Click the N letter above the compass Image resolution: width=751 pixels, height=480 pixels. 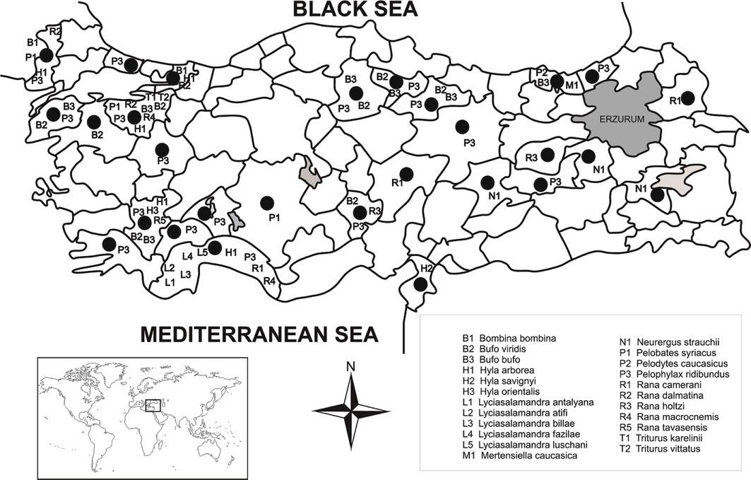(350, 367)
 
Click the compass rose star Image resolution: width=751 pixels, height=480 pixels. (350, 410)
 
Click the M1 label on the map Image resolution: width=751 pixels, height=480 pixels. (572, 86)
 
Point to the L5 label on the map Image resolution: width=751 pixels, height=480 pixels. (202, 251)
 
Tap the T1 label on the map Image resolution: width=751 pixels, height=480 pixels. (150, 97)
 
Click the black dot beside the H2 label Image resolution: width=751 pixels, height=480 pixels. (421, 284)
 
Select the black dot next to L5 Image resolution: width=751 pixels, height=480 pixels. (215, 247)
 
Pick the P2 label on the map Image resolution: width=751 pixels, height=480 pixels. (541, 72)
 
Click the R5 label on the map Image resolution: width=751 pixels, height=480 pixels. (160, 220)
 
